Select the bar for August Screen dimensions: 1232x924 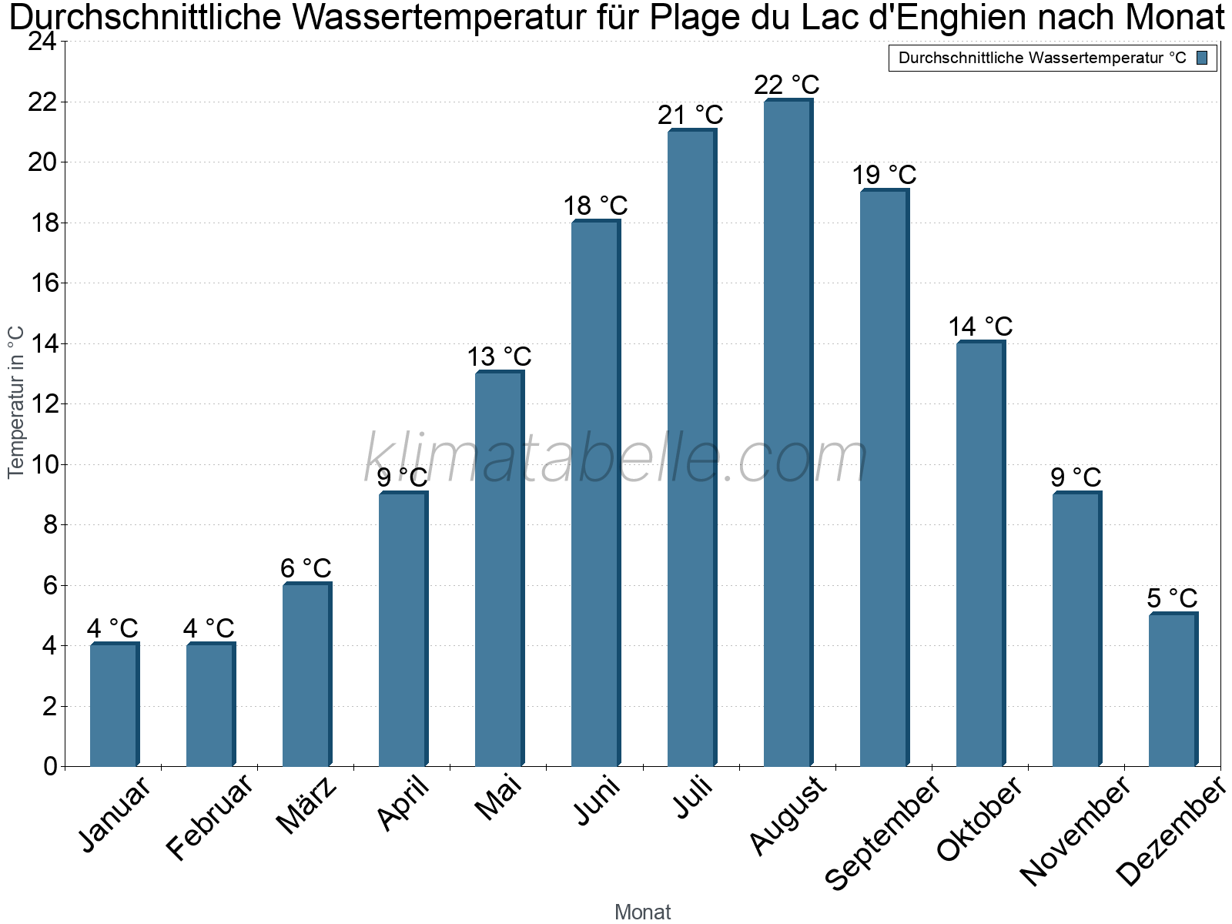point(788,432)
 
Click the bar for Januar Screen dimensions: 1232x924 point(115,704)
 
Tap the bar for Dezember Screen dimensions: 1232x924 point(1173,689)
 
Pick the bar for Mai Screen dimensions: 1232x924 point(500,567)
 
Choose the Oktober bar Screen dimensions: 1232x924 point(981,553)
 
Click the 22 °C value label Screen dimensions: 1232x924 point(786,85)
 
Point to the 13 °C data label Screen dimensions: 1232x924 point(499,357)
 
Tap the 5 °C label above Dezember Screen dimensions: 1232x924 point(1172,598)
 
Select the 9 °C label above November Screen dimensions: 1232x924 point(1076,477)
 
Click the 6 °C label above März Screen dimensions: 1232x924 point(306,568)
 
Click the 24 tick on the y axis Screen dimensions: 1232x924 point(43,42)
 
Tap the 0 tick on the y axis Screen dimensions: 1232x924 point(51,766)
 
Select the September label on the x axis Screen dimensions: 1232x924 point(882,832)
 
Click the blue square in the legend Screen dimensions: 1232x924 point(1202,58)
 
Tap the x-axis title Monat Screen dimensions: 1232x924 point(643,912)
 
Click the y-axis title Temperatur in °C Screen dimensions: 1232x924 point(15,402)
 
